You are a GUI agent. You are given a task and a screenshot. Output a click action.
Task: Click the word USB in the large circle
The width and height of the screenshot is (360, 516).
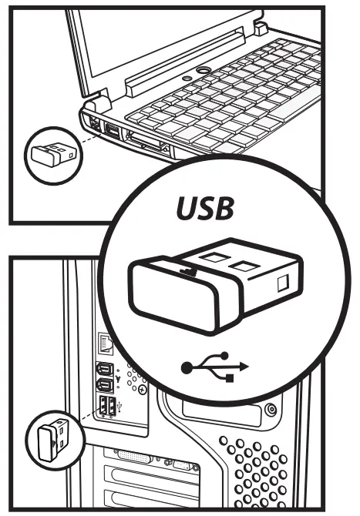(204, 208)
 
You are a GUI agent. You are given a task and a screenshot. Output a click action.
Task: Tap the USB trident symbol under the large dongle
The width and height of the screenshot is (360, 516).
(215, 367)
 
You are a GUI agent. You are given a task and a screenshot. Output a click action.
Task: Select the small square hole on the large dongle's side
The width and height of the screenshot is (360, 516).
(283, 283)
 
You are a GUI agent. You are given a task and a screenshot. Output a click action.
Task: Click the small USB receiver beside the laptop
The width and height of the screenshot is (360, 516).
(53, 155)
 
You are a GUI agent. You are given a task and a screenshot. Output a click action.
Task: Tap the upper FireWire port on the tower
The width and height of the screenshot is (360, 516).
(104, 369)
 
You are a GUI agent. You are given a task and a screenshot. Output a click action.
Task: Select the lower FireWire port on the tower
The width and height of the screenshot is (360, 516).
(104, 385)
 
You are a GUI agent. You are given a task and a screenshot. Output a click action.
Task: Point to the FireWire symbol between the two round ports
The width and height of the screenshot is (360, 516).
(118, 378)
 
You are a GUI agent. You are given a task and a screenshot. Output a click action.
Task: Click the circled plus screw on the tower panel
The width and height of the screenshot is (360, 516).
(143, 390)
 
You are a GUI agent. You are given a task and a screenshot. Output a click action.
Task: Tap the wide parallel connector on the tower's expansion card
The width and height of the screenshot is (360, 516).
(134, 457)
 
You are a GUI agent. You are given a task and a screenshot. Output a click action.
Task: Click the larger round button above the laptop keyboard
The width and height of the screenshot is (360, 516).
(204, 70)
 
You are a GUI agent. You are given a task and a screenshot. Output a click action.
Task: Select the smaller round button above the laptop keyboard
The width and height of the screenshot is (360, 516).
(187, 79)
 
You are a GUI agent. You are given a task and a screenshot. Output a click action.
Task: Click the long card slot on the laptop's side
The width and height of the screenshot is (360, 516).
(146, 142)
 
